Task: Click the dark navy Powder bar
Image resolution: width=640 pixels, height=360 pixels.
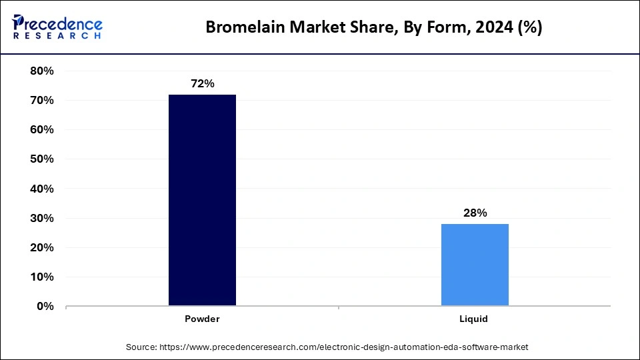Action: (x=202, y=200)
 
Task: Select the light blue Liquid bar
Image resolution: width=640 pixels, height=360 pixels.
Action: (x=475, y=265)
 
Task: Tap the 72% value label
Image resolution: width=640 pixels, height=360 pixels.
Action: (x=202, y=84)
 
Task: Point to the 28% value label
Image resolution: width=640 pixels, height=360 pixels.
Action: (x=475, y=213)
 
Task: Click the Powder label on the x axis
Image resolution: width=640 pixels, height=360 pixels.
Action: (x=202, y=319)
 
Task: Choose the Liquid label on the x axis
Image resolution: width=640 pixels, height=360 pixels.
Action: (x=475, y=319)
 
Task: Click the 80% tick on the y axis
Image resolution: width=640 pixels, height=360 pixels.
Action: (x=41, y=71)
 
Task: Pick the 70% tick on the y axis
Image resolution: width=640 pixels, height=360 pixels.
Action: (x=41, y=100)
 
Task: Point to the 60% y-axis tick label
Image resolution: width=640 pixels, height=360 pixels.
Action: (x=41, y=129)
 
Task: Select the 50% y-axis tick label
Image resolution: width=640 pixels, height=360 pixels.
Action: (x=41, y=159)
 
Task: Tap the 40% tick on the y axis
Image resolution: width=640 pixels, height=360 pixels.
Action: (x=41, y=189)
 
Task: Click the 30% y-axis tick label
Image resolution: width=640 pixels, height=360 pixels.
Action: (x=41, y=218)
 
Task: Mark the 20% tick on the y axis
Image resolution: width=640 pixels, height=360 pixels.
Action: (x=41, y=247)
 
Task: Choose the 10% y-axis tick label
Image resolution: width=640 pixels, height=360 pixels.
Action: (x=41, y=277)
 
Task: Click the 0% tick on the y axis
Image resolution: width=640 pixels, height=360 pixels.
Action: (x=44, y=307)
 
